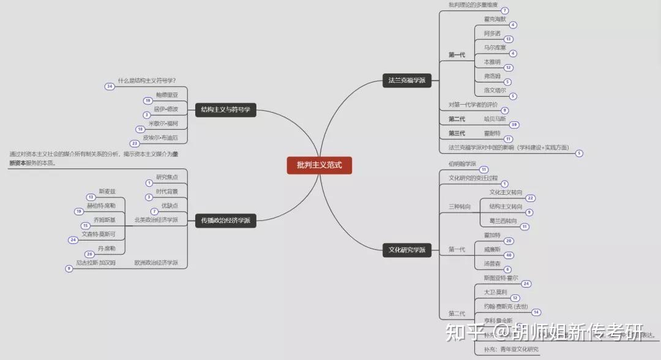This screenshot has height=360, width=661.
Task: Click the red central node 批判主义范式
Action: coord(319,165)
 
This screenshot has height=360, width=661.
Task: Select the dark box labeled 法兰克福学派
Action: coord(406,80)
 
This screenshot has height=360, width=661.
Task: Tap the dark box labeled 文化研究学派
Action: coord(406,249)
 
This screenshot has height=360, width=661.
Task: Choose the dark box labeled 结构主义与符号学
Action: coord(225,110)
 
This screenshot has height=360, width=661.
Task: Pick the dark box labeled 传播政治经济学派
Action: coord(225,220)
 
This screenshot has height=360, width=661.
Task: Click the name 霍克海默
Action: coord(495,18)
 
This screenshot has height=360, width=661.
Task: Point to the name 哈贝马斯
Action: coord(495,119)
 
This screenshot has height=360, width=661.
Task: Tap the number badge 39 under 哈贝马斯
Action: coord(514,125)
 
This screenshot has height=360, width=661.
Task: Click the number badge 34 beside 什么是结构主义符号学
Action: coord(110,86)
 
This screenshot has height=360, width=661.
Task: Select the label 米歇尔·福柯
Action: coord(163,123)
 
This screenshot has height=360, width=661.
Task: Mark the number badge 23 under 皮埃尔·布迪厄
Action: coord(135,143)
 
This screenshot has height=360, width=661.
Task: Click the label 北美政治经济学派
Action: coord(156,219)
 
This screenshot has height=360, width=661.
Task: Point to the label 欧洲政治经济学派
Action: coord(156,263)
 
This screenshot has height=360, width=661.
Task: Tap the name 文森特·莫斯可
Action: coord(98,234)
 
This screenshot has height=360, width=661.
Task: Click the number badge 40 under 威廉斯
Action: coord(509,255)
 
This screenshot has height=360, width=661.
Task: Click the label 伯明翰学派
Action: coord(462,163)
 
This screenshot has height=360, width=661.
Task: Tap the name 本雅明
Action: coord(491,62)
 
